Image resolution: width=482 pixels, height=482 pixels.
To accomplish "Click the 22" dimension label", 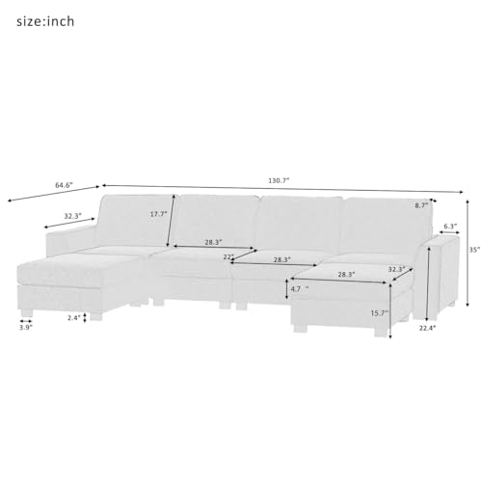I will click(x=228, y=256).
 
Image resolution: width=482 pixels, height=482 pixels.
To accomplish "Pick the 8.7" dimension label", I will click(x=420, y=205).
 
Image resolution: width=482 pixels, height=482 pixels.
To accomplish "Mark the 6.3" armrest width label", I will click(x=449, y=228).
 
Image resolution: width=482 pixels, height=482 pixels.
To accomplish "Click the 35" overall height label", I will click(x=471, y=248).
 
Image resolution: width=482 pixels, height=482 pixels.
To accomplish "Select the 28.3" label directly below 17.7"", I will click(x=214, y=243).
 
